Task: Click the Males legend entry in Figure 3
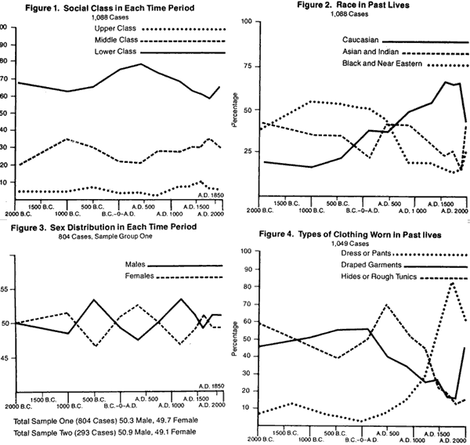click(x=139, y=266)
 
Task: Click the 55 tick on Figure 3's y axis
click(x=6, y=289)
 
